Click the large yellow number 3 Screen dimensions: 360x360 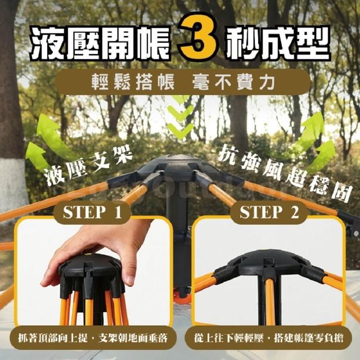click(199, 37)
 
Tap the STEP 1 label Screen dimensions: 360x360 click(92, 212)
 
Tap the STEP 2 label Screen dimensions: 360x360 click(269, 212)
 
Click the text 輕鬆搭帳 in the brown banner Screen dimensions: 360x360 click(133, 82)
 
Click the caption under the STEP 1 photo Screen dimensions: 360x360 click(93, 339)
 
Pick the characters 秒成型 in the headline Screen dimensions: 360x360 click(278, 43)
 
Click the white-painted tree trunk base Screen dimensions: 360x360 click(12, 184)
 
